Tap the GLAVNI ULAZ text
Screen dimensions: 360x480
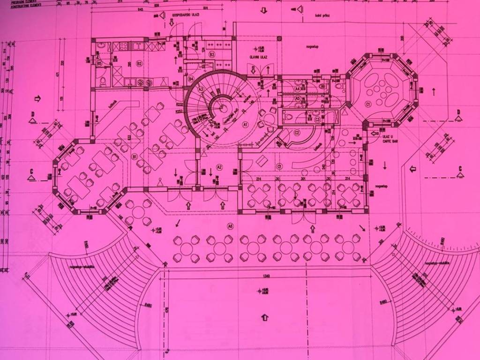pyautogui.click(x=258, y=56)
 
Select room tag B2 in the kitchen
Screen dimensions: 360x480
pyautogui.click(x=139, y=63)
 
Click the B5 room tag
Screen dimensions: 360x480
pyautogui.click(x=99, y=63)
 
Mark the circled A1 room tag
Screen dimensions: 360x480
pyautogui.click(x=245, y=125)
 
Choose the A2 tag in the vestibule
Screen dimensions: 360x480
pyautogui.click(x=219, y=167)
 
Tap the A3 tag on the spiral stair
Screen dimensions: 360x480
pyautogui.click(x=201, y=90)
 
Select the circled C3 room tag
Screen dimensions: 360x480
pyautogui.click(x=317, y=120)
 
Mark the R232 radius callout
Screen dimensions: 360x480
pyautogui.click(x=179, y=105)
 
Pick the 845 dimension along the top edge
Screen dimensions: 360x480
pyautogui.click(x=141, y=9)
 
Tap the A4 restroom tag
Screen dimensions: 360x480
pyautogui.click(x=297, y=89)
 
